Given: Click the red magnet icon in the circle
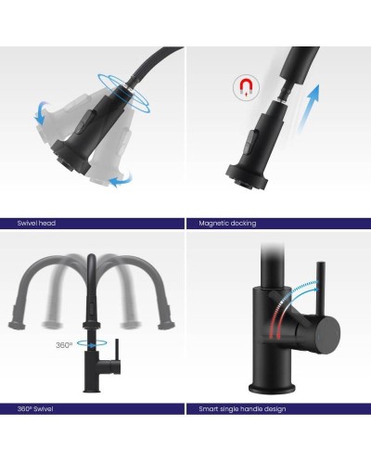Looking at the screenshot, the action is point(246,87).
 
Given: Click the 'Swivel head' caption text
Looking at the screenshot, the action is point(36,223).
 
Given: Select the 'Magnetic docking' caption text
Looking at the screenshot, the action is point(227,224).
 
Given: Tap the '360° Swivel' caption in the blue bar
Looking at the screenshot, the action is point(35,409).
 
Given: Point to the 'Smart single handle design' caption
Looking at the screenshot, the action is point(242,409).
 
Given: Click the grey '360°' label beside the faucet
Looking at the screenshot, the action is point(64,345).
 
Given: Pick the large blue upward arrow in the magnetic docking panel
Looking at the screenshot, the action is point(308,109).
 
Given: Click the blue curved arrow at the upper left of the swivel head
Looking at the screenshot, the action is point(41,112).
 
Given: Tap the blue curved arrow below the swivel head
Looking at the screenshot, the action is point(122,180).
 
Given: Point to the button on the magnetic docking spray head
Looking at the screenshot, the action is point(252,141).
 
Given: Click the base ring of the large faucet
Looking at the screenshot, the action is point(272,389).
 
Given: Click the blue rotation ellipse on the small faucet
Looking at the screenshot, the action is point(92,342).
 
